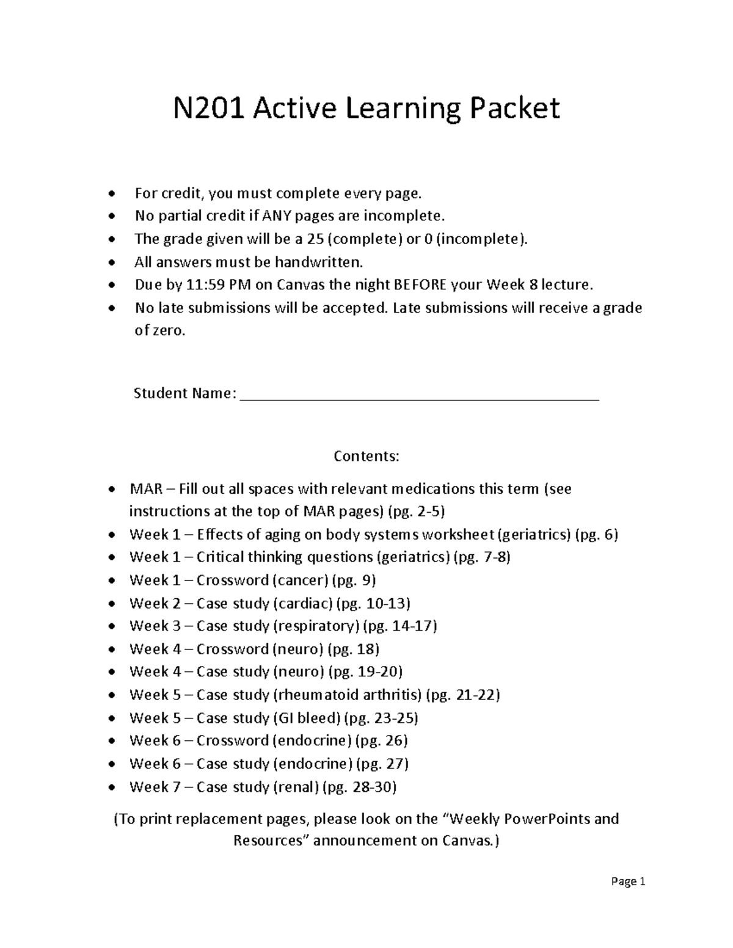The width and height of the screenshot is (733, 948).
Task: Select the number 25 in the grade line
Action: pyautogui.click(x=316, y=239)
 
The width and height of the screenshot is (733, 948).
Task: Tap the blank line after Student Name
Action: pyautogui.click(x=420, y=394)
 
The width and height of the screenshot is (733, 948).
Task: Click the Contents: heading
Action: pyautogui.click(x=366, y=457)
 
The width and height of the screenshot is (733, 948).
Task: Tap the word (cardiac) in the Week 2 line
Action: pyautogui.click(x=304, y=603)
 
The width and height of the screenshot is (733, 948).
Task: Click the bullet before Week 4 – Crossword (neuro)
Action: pyautogui.click(x=111, y=649)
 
